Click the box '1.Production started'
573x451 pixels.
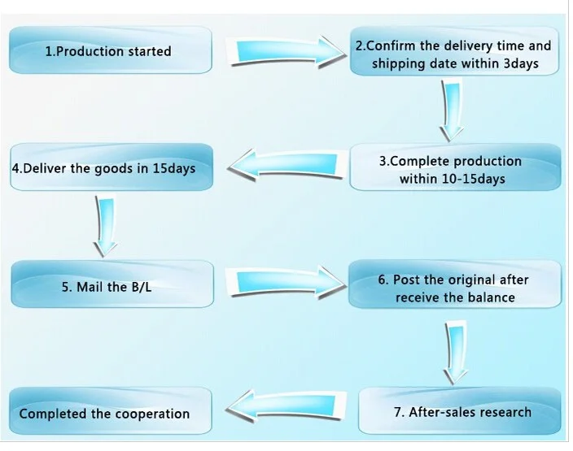[111, 50]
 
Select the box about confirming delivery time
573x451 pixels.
[454, 51]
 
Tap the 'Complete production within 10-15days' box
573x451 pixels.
[455, 167]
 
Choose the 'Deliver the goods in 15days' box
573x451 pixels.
[112, 167]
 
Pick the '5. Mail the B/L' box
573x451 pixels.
[112, 284]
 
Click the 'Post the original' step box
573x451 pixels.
[455, 284]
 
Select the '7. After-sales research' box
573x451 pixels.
[460, 411]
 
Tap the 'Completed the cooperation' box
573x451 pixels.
[111, 411]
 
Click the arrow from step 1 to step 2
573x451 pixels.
[286, 52]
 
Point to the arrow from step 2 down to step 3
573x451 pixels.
[452, 111]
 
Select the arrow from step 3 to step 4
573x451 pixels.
[286, 165]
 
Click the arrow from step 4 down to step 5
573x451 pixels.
[106, 226]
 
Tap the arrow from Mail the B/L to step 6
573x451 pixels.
[286, 283]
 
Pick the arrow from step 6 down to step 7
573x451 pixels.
[455, 353]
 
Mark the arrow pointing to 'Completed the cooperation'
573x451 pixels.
[286, 405]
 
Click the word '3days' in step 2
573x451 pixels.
[521, 63]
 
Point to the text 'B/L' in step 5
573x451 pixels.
[141, 287]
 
